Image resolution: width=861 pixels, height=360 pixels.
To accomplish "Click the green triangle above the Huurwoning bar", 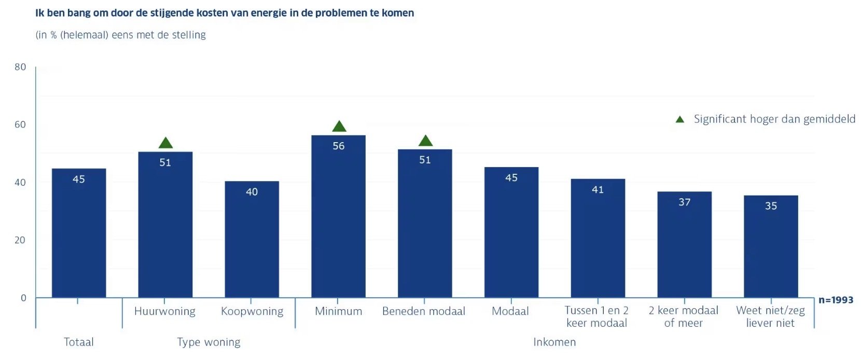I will [x=165, y=143].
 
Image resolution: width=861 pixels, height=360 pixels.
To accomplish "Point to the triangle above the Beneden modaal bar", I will [x=425, y=141].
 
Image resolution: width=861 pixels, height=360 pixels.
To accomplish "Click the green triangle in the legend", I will [x=680, y=119].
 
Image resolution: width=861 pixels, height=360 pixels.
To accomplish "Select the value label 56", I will [x=339, y=146].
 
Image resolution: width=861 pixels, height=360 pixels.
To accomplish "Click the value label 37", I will [x=685, y=202].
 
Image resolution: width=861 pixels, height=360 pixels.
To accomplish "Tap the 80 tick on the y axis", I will [x=20, y=67].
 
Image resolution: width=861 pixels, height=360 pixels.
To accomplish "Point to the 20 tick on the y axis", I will [x=20, y=240].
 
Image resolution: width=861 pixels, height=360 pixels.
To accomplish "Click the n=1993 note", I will [x=836, y=300].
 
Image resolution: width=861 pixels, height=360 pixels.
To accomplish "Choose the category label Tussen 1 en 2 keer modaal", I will [x=596, y=316].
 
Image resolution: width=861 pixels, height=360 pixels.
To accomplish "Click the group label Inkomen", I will [x=554, y=342].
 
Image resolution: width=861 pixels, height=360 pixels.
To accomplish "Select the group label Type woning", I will [x=209, y=342].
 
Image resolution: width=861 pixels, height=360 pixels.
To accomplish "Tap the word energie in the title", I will [x=269, y=13].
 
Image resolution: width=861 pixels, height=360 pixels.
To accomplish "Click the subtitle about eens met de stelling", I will [x=120, y=35].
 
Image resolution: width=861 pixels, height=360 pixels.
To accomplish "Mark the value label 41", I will [x=598, y=190].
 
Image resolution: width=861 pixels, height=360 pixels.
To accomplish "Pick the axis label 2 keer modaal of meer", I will [x=683, y=316].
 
